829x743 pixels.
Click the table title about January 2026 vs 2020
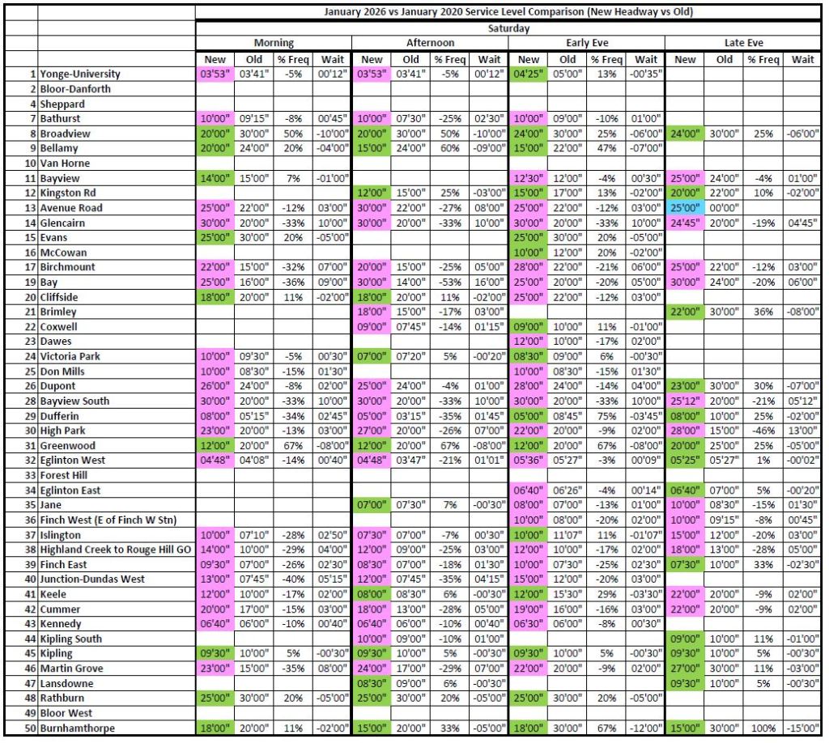508,11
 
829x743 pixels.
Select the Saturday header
508,28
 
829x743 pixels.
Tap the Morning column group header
274,43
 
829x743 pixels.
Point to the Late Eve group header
743,43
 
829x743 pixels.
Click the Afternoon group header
430,43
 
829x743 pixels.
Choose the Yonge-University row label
80,74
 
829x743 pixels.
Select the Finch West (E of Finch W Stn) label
108,520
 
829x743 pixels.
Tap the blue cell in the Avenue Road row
685,208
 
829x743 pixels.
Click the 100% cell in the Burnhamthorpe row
763,728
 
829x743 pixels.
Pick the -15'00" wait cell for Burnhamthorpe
802,728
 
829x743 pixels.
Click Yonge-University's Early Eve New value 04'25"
528,74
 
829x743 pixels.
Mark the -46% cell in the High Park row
763,431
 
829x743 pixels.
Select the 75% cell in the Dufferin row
606,416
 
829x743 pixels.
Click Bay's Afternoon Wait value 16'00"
489,282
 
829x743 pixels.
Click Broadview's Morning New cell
215,134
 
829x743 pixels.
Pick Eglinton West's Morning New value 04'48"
215,461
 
